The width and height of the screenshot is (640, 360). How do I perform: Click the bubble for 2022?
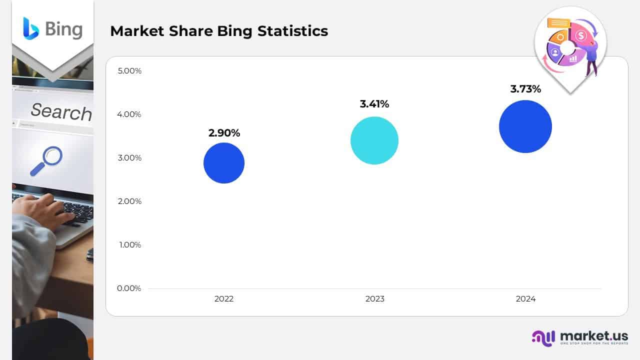click(224, 163)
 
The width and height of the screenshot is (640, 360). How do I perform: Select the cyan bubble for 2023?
click(374, 140)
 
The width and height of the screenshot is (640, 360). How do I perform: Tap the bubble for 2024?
click(525, 126)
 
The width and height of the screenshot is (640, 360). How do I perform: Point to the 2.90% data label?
click(224, 133)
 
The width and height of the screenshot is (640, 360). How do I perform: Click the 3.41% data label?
click(374, 104)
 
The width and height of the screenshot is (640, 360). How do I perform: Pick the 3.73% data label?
click(525, 89)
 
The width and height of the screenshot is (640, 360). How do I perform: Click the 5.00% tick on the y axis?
click(129, 71)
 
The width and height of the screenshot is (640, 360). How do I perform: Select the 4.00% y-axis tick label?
click(129, 114)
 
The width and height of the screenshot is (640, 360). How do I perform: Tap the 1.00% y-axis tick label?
click(129, 245)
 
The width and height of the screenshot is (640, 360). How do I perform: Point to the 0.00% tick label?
click(129, 288)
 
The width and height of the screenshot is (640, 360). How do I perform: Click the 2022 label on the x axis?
click(224, 299)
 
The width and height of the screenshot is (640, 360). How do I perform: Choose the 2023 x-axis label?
click(374, 299)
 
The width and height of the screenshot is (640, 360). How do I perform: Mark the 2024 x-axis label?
click(525, 299)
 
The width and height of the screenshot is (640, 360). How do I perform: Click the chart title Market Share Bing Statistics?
click(219, 31)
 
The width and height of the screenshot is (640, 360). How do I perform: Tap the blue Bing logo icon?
click(30, 28)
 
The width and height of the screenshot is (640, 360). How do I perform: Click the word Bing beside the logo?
click(63, 29)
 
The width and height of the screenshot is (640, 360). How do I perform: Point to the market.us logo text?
click(594, 336)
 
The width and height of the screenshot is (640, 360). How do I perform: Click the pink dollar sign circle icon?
click(580, 35)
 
